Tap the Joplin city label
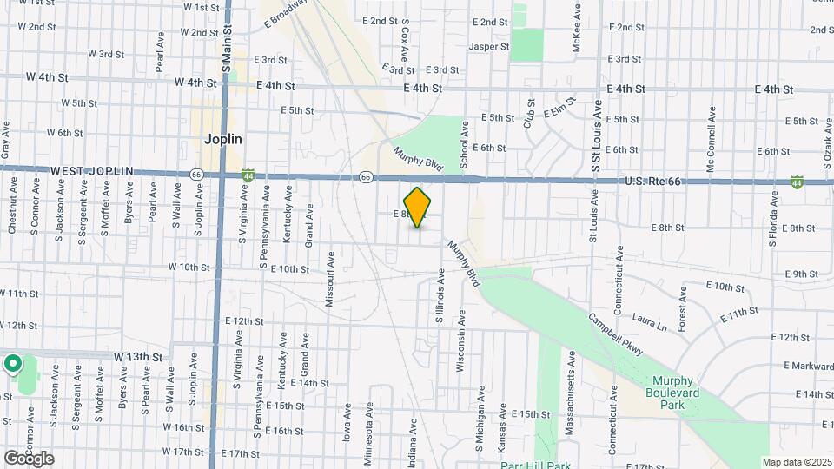222,139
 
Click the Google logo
29,458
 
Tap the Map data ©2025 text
797,462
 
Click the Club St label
527,113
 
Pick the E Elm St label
560,111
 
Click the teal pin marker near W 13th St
13,363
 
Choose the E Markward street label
806,366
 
